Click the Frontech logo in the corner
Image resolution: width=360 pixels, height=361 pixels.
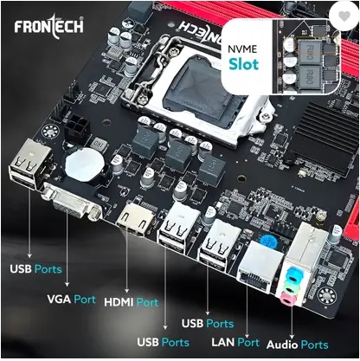click(x=49, y=27)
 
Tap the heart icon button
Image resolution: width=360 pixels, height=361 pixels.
click(x=344, y=16)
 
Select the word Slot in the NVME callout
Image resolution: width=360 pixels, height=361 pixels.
click(x=244, y=64)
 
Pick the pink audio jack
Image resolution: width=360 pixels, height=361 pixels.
click(x=289, y=299)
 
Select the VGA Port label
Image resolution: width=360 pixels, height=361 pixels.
click(x=71, y=300)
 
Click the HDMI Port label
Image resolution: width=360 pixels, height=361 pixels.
click(x=132, y=302)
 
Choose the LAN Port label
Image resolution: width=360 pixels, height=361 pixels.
click(x=235, y=342)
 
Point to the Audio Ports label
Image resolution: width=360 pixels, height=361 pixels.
click(x=298, y=345)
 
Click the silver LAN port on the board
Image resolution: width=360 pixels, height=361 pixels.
click(x=259, y=268)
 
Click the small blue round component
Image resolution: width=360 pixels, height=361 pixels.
click(x=268, y=241)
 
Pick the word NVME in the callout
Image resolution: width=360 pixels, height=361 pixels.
click(x=242, y=49)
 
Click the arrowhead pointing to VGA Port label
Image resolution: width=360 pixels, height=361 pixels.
click(x=67, y=285)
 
